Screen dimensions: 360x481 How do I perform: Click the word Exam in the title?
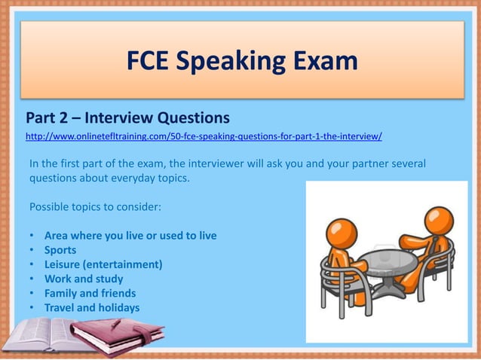(x=320, y=59)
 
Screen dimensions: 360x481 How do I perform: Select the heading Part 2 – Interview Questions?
(x=127, y=118)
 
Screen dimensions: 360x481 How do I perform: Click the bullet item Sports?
(x=60, y=250)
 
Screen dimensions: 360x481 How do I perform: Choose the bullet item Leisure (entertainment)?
(x=103, y=264)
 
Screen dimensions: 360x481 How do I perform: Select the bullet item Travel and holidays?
(x=92, y=307)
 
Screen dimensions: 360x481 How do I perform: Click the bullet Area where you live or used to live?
(x=130, y=236)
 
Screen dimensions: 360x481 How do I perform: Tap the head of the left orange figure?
(x=342, y=231)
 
